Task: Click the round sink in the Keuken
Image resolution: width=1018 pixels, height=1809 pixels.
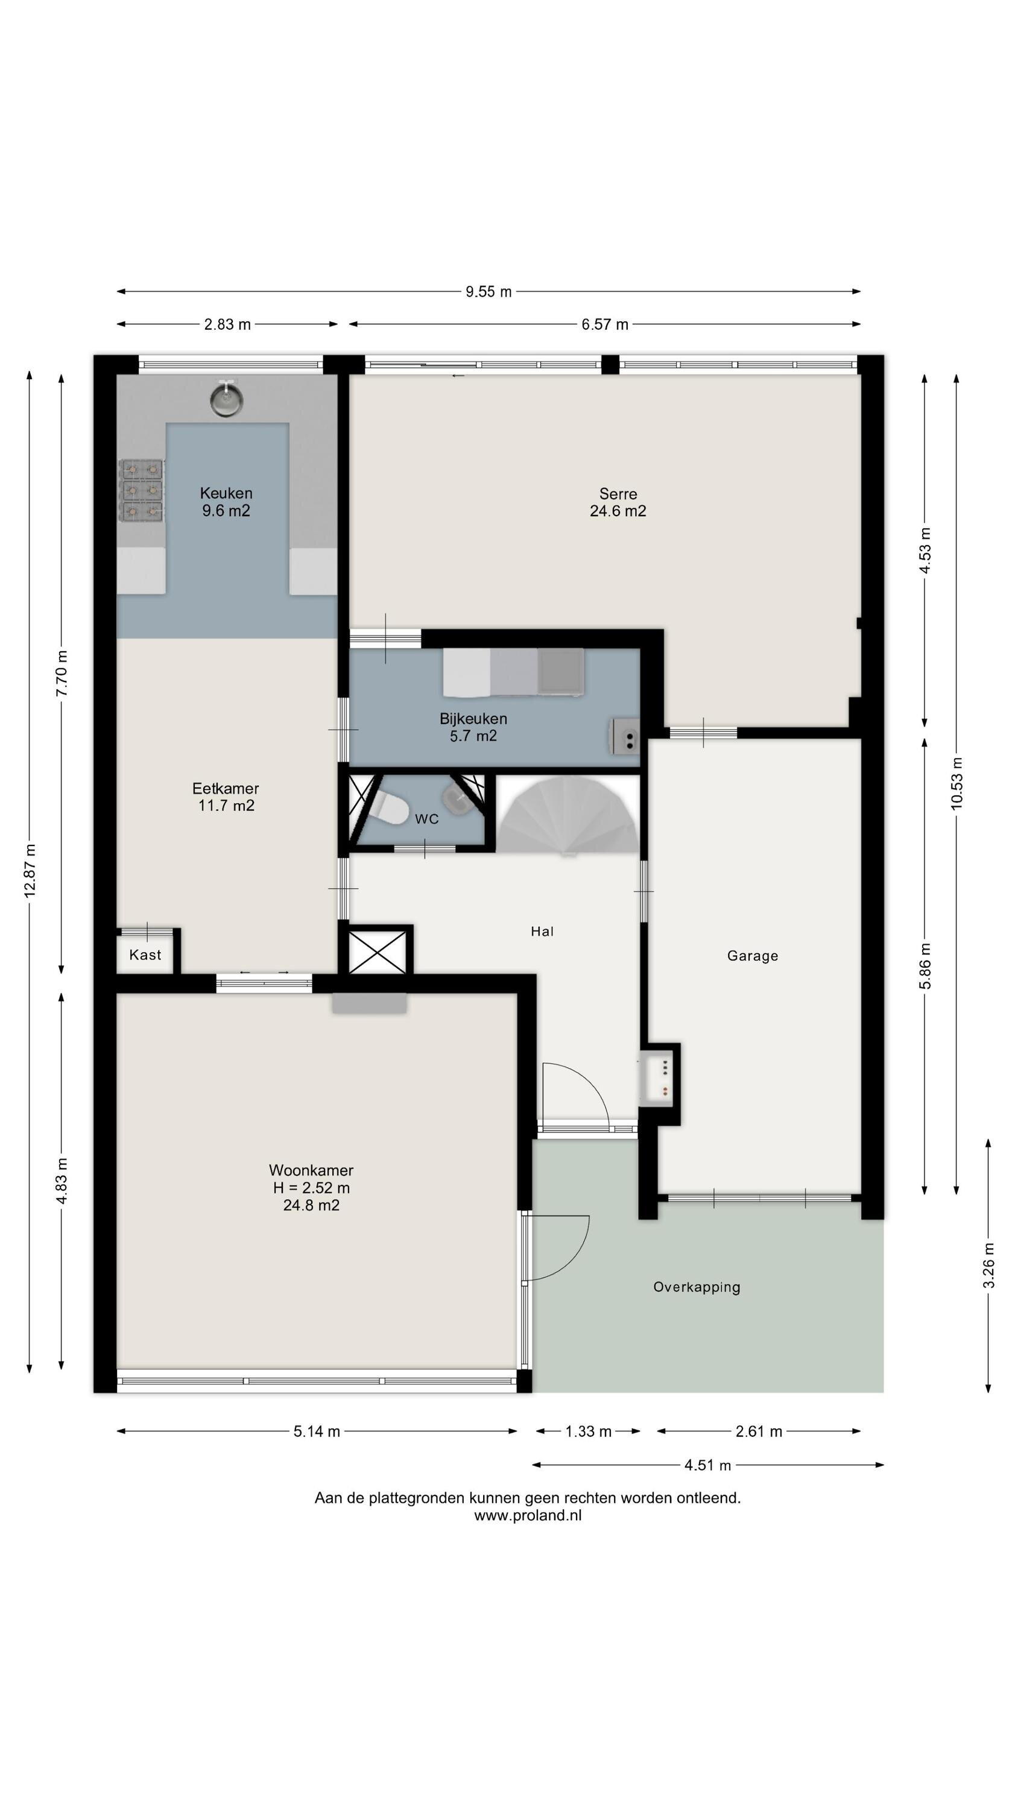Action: point(226,399)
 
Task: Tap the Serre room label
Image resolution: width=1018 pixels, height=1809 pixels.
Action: point(618,494)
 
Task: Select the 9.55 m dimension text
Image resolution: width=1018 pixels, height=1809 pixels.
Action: point(488,291)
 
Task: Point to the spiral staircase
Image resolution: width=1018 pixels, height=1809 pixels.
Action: point(569,815)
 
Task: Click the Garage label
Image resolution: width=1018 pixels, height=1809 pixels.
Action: point(753,956)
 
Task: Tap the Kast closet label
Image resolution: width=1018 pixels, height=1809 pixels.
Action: point(145,955)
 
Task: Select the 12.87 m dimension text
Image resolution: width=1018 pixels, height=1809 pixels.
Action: point(30,871)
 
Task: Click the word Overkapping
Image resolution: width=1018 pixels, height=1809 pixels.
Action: point(696,1287)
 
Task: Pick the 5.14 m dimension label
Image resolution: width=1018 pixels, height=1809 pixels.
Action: point(317,1431)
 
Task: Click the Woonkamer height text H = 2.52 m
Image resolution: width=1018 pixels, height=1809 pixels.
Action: point(311,1187)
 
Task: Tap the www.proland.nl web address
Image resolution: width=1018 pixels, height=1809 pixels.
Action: point(528,1515)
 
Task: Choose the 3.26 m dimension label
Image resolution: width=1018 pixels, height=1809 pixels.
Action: point(988,1266)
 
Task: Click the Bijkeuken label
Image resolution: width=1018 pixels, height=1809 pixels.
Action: point(473,718)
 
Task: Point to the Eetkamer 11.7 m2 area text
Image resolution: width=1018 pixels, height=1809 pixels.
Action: point(226,806)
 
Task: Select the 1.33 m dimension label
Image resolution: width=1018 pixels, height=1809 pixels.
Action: point(589,1431)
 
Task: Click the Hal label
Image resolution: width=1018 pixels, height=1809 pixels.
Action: point(542,932)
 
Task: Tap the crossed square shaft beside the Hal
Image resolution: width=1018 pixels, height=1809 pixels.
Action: point(378,952)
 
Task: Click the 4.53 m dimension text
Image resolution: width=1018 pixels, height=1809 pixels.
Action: point(925,550)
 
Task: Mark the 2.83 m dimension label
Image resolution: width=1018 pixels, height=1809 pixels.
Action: point(227,324)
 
